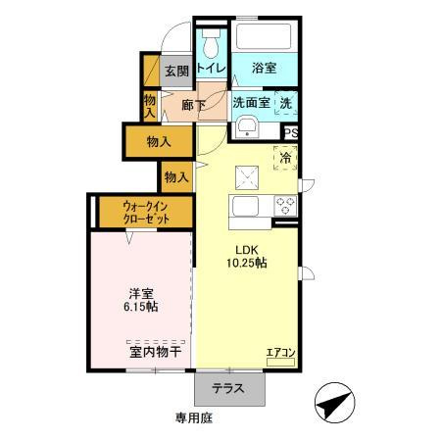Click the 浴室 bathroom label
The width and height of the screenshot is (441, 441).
[x=263, y=69]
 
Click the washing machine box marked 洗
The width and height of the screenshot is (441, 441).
[x=285, y=102]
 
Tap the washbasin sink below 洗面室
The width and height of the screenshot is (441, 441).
[x=246, y=127]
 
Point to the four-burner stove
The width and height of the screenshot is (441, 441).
[x=285, y=207]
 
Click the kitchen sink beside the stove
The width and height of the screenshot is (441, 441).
[x=244, y=207]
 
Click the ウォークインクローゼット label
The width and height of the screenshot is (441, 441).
[x=147, y=213]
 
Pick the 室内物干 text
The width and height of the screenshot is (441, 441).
[x=155, y=350]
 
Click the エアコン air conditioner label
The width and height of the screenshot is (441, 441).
[x=280, y=352]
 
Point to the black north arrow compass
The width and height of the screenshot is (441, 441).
[x=334, y=403]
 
